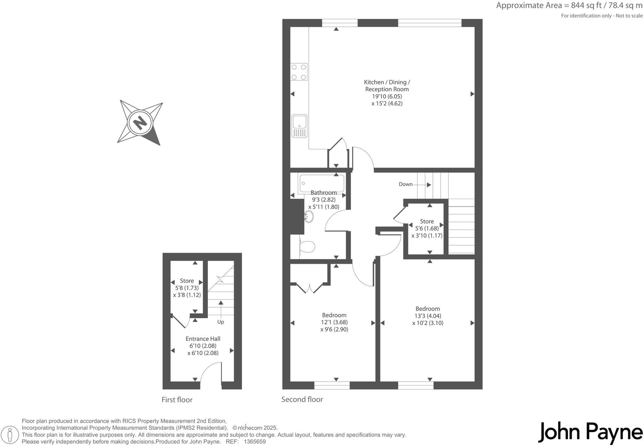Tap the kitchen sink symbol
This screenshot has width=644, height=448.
(299, 125)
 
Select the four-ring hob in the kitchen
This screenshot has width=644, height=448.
(299, 72)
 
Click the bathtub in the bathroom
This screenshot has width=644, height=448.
(322, 183)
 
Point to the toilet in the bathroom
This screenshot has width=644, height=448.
(307, 247)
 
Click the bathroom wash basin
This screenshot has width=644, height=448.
(309, 216)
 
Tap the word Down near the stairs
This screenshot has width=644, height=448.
(405, 184)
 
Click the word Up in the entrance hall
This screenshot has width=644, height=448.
(221, 322)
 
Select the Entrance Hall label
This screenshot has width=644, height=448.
(203, 338)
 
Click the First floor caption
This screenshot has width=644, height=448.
(177, 400)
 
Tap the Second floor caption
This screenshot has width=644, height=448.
(302, 399)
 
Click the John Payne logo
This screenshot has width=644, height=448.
(590, 433)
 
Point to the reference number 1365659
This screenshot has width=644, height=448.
(255, 442)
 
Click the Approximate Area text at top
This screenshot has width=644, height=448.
(569, 6)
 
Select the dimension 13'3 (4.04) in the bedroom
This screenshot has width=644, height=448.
(427, 316)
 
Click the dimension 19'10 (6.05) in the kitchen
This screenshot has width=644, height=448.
(387, 96)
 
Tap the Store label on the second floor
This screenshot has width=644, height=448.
(427, 222)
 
